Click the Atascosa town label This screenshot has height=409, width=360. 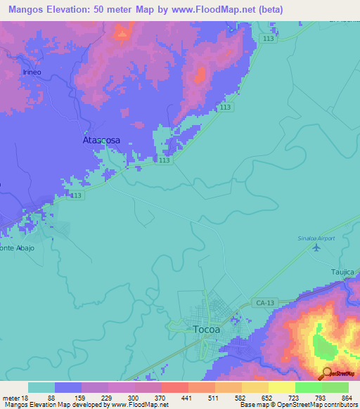click(x=101, y=140)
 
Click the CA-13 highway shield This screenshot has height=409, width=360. click(x=258, y=302)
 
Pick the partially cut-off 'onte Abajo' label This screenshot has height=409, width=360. click(x=17, y=248)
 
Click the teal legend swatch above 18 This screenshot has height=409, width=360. click(x=41, y=387)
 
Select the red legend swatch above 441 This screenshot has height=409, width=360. click(x=174, y=387)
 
